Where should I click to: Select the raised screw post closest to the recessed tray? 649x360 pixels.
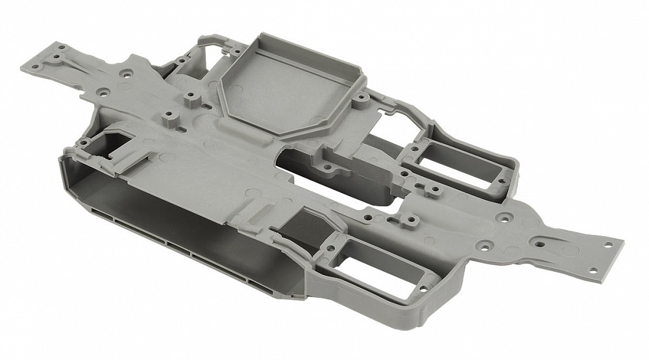click(191, 99)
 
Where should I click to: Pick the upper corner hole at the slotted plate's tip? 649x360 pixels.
click(608, 245)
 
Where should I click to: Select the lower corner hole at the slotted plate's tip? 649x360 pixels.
click(592, 270)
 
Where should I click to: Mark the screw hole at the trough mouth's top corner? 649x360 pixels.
click(83, 141)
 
